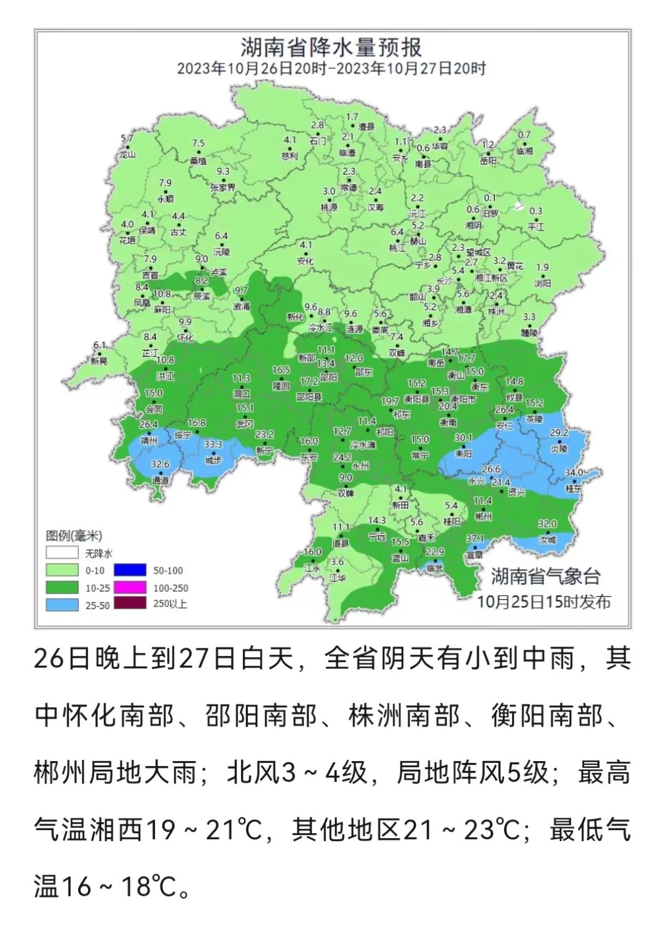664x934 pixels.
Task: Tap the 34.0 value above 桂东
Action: coord(574,473)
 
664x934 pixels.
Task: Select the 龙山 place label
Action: coord(127,155)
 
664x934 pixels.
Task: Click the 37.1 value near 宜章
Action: coord(475,538)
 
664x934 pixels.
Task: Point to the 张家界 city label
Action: coord(223,187)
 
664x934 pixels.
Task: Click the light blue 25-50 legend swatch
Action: coord(62,605)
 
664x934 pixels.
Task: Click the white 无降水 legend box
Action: coord(62,553)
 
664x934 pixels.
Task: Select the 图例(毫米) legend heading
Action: coord(74,536)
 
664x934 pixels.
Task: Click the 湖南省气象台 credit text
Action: coord(545,577)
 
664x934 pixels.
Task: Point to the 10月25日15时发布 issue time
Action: coord(545,601)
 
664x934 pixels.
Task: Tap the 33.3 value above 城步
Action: coord(213,444)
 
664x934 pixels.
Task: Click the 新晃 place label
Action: coord(98,361)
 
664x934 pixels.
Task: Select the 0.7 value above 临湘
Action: coord(524,135)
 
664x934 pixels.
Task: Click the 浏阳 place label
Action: coord(542,284)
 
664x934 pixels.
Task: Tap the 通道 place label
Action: coord(160,480)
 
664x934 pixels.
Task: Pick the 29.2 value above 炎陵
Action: coord(558,433)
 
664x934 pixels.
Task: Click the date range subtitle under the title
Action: coord(331,68)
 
